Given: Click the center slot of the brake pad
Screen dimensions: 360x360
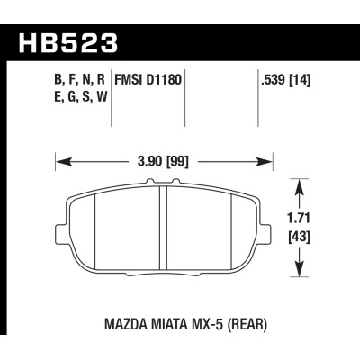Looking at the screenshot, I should pos(161,230).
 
